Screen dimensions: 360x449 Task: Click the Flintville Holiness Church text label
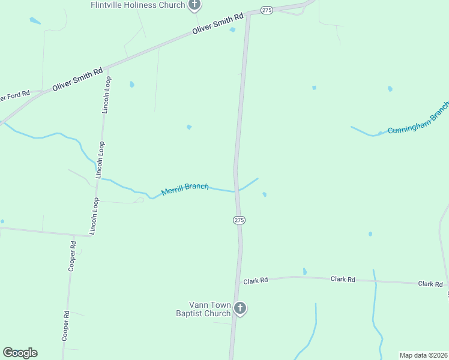click(x=137, y=5)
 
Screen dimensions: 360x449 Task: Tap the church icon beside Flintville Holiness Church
click(x=194, y=5)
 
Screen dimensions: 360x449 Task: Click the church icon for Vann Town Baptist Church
click(x=240, y=309)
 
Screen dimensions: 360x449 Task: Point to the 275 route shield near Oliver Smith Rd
click(x=267, y=10)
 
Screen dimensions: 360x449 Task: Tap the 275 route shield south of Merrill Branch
click(x=239, y=220)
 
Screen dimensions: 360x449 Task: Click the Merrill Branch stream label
click(x=185, y=190)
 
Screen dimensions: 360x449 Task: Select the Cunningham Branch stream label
click(x=418, y=119)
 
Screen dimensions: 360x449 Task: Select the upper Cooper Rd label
click(x=72, y=257)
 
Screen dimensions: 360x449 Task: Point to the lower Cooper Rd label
click(x=65, y=326)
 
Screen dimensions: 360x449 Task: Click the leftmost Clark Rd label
click(x=255, y=280)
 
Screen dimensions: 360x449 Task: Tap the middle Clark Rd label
click(x=343, y=280)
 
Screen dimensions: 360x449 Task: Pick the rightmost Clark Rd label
click(x=430, y=284)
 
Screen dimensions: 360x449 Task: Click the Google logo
click(x=20, y=353)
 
